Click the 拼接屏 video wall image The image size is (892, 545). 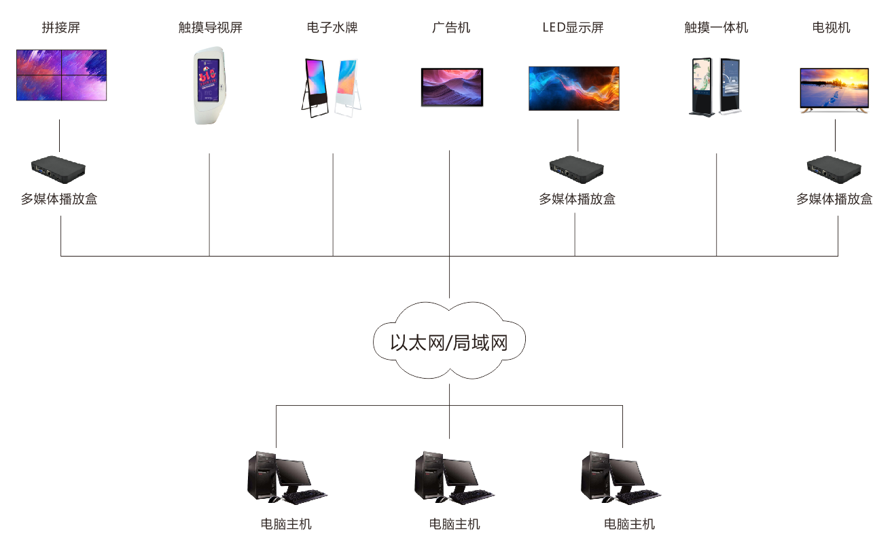click(x=61, y=75)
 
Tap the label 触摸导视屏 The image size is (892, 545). click(x=210, y=28)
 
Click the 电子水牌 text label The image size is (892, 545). click(x=332, y=28)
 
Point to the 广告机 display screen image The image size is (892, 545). click(x=452, y=87)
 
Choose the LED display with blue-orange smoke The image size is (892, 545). click(x=574, y=88)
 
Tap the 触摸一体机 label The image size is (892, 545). click(x=716, y=28)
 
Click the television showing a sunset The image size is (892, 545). click(x=834, y=89)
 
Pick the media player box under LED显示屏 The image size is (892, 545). click(x=577, y=169)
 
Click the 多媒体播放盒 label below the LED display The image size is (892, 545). click(x=577, y=200)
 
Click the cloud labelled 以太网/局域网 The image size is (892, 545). click(x=449, y=341)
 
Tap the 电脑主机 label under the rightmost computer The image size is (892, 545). click(x=629, y=524)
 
